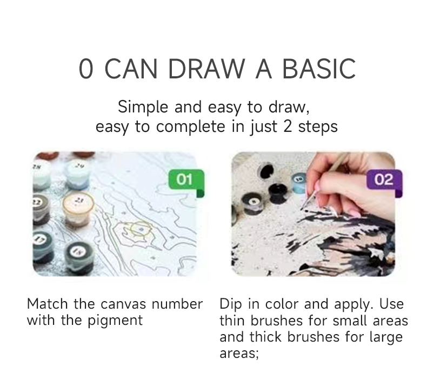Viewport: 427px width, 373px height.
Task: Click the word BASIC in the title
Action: [x=319, y=68]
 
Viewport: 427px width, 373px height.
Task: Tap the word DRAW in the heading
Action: [x=206, y=68]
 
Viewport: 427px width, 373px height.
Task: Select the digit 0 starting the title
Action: [x=86, y=68]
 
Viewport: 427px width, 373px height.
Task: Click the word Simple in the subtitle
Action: [x=143, y=106]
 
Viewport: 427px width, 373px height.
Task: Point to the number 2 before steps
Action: [x=288, y=126]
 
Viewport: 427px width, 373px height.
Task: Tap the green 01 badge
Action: [x=186, y=179]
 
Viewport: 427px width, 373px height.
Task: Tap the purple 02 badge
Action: [x=384, y=179]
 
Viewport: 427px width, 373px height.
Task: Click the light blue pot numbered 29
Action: [x=78, y=174]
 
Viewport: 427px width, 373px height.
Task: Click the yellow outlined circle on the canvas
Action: [x=140, y=229]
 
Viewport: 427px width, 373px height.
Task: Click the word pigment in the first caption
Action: [x=115, y=321]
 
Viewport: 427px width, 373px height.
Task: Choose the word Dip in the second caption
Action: [x=230, y=304]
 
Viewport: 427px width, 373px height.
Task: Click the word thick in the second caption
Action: [x=265, y=337]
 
